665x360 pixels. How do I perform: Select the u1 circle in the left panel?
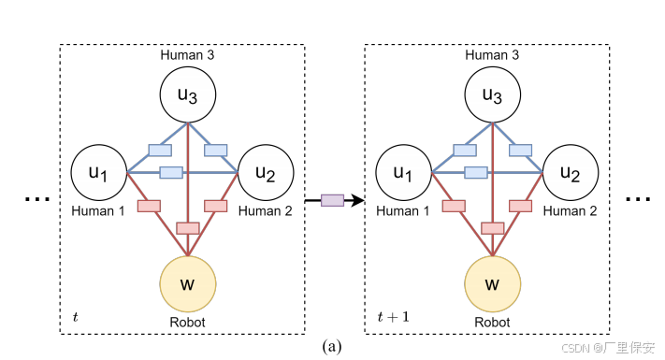(x=99, y=173)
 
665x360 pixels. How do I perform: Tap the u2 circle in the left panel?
(x=266, y=173)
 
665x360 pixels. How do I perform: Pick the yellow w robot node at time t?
(x=187, y=283)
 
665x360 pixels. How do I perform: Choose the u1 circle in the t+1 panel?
(x=403, y=173)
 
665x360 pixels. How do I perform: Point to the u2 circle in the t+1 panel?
(x=571, y=173)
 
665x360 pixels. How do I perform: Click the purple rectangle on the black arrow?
(x=332, y=199)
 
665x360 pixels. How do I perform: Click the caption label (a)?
(x=332, y=347)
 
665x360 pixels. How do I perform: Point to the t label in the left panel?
(x=76, y=318)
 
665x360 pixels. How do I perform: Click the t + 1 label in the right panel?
(x=393, y=318)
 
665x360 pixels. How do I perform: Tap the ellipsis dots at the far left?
(x=36, y=198)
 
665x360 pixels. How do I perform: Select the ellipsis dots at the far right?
(x=638, y=198)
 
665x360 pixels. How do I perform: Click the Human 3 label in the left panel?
(x=187, y=56)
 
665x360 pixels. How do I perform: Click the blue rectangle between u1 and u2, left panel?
(x=170, y=172)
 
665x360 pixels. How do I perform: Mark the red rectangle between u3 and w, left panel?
(x=187, y=227)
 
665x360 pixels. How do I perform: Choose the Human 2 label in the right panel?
(x=570, y=211)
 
